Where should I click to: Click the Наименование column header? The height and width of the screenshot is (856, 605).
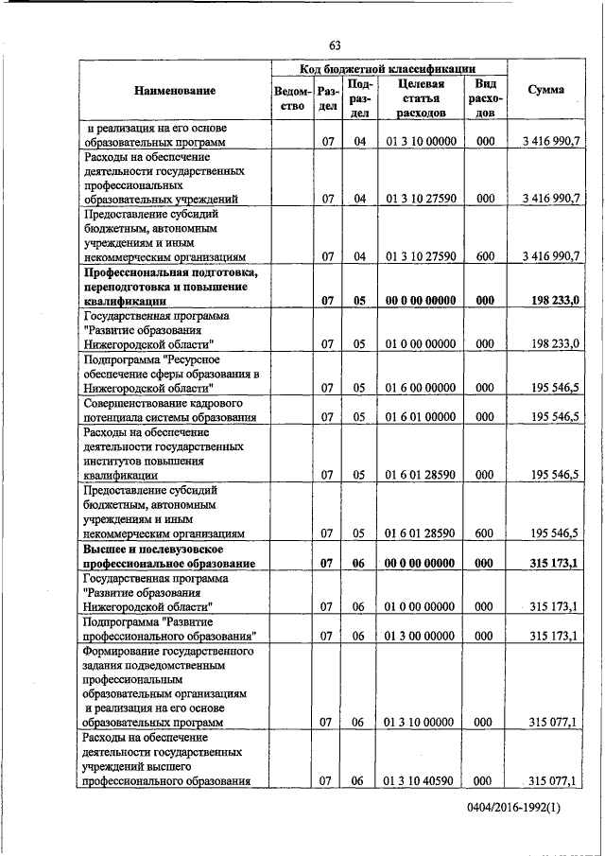(174, 91)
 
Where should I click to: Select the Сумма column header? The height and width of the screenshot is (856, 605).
(546, 90)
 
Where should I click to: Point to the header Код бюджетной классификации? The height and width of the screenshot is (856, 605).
(389, 69)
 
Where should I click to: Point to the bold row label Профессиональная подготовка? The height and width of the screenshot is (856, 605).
(171, 287)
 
